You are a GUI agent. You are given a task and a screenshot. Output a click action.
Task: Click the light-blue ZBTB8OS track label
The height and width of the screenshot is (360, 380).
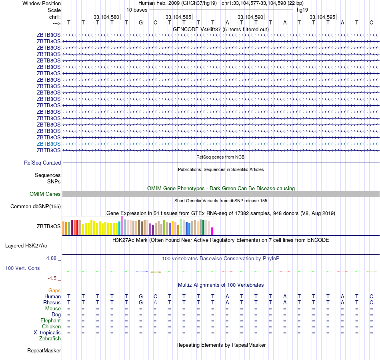(x=49, y=144)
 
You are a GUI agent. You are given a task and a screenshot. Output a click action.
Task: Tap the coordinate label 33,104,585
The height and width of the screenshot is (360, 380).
(x=178, y=17)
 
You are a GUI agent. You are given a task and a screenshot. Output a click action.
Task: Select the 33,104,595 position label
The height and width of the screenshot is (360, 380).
(x=322, y=17)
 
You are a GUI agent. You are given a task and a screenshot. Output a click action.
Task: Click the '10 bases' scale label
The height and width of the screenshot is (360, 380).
(x=137, y=10)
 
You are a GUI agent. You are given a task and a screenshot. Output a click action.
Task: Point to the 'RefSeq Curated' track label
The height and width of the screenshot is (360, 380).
(x=42, y=163)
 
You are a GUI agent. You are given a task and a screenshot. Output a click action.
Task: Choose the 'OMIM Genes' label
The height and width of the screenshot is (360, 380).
(x=45, y=194)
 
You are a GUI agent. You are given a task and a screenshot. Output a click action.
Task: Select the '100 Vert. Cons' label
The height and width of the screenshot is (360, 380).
(x=22, y=268)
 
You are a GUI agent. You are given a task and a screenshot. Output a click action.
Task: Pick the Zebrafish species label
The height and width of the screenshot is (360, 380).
(x=50, y=339)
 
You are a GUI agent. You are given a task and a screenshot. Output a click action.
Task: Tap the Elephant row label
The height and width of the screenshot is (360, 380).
(x=50, y=321)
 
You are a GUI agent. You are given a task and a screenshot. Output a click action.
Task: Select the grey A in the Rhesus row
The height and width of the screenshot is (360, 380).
(x=155, y=303)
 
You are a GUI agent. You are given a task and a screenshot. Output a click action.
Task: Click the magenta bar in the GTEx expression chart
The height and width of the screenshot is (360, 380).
(x=212, y=231)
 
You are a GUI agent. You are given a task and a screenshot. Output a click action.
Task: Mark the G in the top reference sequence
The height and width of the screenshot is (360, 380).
(x=141, y=22)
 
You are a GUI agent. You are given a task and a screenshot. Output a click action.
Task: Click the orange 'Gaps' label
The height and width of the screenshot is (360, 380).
(x=54, y=290)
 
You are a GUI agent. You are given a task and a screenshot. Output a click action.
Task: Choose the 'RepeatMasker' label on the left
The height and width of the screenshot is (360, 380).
(x=44, y=351)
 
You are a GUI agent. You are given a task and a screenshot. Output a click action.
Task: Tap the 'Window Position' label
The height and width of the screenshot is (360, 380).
(x=42, y=3)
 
